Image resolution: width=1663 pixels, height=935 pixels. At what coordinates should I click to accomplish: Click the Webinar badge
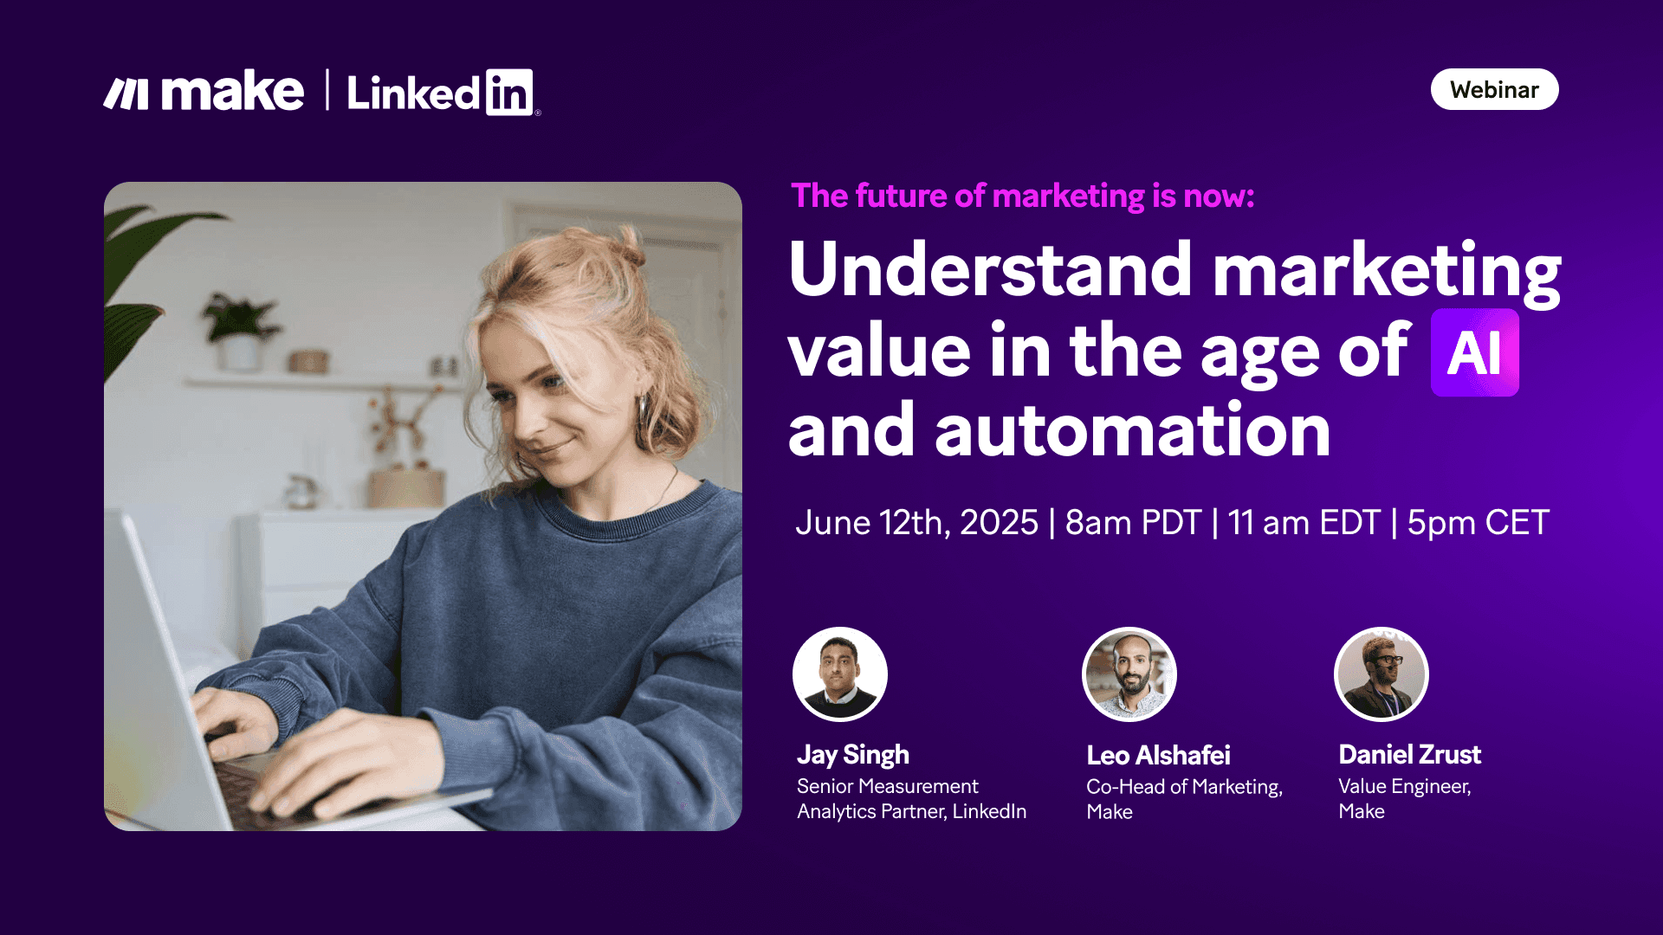1494,90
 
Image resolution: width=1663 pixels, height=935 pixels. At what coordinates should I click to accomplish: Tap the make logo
204,92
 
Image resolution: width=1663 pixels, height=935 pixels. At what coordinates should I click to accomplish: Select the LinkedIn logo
441,93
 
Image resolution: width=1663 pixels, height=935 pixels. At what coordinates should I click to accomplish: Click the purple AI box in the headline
1474,352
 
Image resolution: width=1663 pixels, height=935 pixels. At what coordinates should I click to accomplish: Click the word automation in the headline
1132,430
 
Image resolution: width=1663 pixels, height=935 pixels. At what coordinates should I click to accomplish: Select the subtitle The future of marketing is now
1022,197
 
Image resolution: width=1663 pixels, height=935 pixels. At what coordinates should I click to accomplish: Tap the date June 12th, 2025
916,522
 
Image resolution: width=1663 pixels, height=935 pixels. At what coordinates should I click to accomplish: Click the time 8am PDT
1133,522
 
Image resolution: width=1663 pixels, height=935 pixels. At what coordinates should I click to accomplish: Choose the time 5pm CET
1478,522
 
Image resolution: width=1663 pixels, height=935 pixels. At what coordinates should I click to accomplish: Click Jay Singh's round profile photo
839,674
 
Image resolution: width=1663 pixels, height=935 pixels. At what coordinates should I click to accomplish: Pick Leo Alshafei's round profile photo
1129,674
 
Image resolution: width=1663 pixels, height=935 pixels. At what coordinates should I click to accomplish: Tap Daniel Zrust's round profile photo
1382,674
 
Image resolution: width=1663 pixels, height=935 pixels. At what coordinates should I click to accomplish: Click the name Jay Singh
852,755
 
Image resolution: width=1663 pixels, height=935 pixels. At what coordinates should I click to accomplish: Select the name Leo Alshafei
1158,755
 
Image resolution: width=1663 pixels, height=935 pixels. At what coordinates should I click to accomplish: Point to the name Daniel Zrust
1409,755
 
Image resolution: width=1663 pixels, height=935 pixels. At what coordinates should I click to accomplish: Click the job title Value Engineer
1404,786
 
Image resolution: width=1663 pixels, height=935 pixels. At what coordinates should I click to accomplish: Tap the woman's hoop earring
644,410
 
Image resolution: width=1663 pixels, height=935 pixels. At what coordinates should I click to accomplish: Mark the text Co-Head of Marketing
1183,786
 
